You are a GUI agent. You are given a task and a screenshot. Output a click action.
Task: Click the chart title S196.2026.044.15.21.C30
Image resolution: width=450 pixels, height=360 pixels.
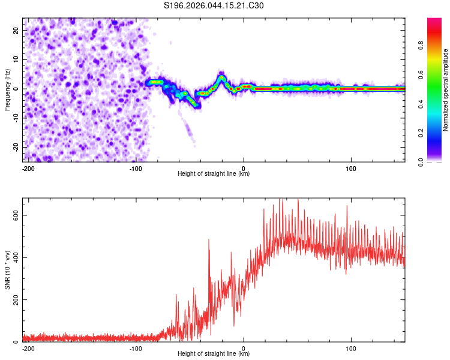[214, 5]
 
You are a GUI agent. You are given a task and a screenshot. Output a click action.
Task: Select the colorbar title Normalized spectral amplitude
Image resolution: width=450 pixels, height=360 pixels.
[445, 90]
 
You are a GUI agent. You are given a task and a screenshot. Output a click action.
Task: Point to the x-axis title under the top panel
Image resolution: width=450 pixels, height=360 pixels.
[214, 173]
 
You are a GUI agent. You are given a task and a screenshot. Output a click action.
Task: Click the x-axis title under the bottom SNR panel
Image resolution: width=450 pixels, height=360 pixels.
[214, 353]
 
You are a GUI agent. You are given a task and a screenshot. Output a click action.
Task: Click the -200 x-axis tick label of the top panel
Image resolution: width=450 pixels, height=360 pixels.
[28, 167]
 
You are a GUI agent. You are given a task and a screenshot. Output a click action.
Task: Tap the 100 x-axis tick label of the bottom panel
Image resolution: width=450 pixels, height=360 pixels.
[351, 347]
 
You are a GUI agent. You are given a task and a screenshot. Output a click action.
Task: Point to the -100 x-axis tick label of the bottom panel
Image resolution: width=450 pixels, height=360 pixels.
[136, 347]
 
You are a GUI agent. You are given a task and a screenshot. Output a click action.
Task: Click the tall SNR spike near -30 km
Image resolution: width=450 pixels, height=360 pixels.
[209, 240]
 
